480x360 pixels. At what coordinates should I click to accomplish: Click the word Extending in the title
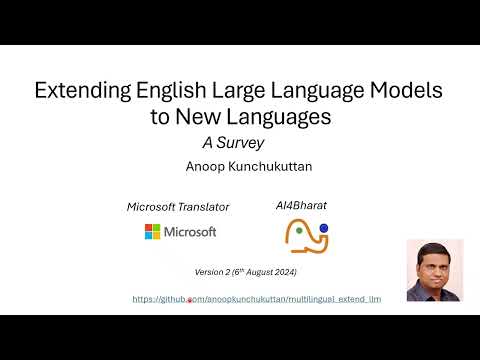[x=80, y=93]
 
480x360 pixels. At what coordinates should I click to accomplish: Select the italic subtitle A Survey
[x=233, y=142]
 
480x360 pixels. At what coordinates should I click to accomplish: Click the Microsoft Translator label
[x=178, y=207]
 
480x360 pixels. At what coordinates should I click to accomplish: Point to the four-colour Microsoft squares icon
[x=153, y=232]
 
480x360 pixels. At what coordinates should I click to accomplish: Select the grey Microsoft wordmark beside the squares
[x=191, y=232]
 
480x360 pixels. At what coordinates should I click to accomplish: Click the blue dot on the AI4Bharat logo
[x=324, y=229]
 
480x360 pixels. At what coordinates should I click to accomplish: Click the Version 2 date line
[x=246, y=272]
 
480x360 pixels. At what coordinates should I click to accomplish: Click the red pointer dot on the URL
[x=190, y=300]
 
